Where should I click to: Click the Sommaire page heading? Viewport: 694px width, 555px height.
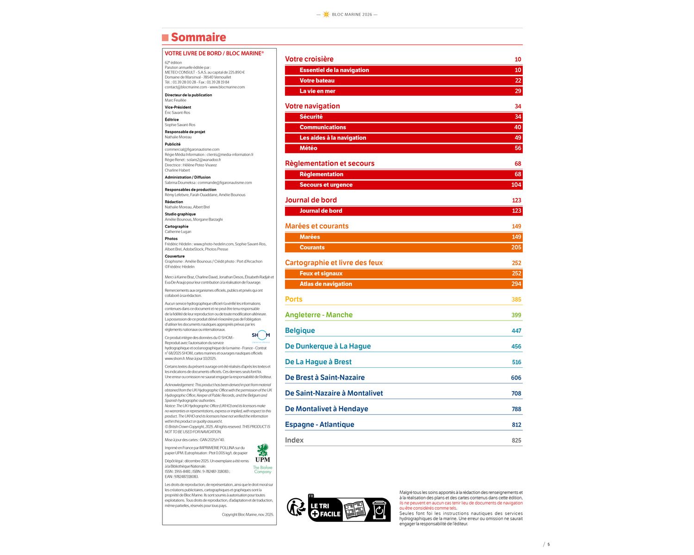[x=198, y=37]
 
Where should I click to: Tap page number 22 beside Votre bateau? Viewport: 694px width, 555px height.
[x=518, y=80]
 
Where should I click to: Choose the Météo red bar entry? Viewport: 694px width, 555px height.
[x=308, y=148]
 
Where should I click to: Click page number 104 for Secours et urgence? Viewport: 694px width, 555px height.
[x=516, y=185]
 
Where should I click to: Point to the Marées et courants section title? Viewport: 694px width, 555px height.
[x=316, y=226]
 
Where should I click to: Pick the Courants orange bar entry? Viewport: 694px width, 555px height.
[x=312, y=247]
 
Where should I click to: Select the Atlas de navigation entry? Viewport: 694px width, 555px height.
[x=326, y=284]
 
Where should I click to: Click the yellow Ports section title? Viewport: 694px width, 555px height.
[x=293, y=299]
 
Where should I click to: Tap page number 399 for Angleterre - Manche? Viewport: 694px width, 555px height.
[x=516, y=315]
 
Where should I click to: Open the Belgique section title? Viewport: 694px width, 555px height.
[x=300, y=331]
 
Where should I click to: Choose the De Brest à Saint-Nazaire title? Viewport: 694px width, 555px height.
[x=324, y=378]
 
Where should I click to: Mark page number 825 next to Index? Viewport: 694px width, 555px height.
[x=516, y=441]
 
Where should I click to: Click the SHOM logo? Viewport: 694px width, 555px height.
[x=261, y=335]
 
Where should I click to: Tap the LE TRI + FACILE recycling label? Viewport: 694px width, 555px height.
[x=349, y=509]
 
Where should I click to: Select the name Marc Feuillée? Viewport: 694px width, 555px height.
[x=175, y=100]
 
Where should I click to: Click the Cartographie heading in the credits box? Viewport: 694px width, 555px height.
[x=176, y=227]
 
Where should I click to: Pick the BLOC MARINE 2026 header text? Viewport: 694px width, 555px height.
[x=352, y=15]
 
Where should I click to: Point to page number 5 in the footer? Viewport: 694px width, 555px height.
[x=549, y=544]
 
